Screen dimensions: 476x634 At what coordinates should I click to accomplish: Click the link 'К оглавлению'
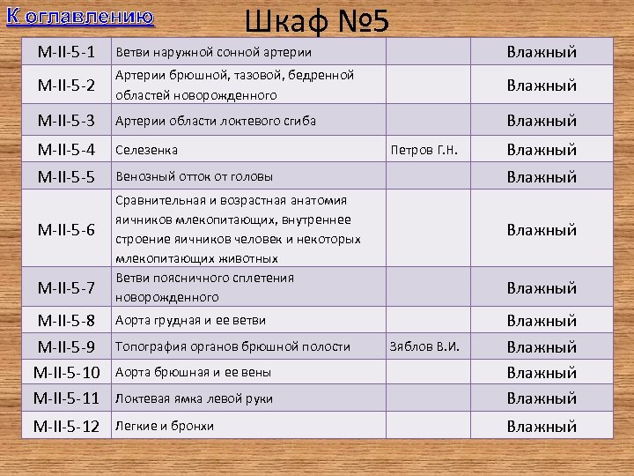79,17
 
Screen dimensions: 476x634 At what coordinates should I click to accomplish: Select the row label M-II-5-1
66,52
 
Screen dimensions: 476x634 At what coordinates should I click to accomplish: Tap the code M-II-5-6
66,230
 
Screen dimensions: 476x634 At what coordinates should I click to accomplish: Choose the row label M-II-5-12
66,427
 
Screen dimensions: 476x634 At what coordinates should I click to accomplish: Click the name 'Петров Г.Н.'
423,150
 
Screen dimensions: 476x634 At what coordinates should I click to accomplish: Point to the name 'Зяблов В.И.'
423,346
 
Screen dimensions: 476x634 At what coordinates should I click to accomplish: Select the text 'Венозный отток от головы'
195,176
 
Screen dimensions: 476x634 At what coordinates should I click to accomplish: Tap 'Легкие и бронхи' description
166,426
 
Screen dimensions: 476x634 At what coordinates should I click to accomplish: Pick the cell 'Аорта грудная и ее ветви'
191,320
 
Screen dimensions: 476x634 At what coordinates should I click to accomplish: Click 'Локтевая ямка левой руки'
195,398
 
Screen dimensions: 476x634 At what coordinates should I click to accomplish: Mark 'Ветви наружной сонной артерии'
214,52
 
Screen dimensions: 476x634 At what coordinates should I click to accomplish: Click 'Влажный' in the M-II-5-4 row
542,150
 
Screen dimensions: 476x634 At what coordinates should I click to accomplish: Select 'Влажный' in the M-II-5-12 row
542,427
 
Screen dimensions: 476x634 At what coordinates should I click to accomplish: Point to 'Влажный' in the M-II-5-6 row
542,230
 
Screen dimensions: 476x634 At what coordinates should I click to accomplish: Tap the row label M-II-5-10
66,373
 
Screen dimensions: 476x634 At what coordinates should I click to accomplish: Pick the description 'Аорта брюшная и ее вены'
193,372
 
